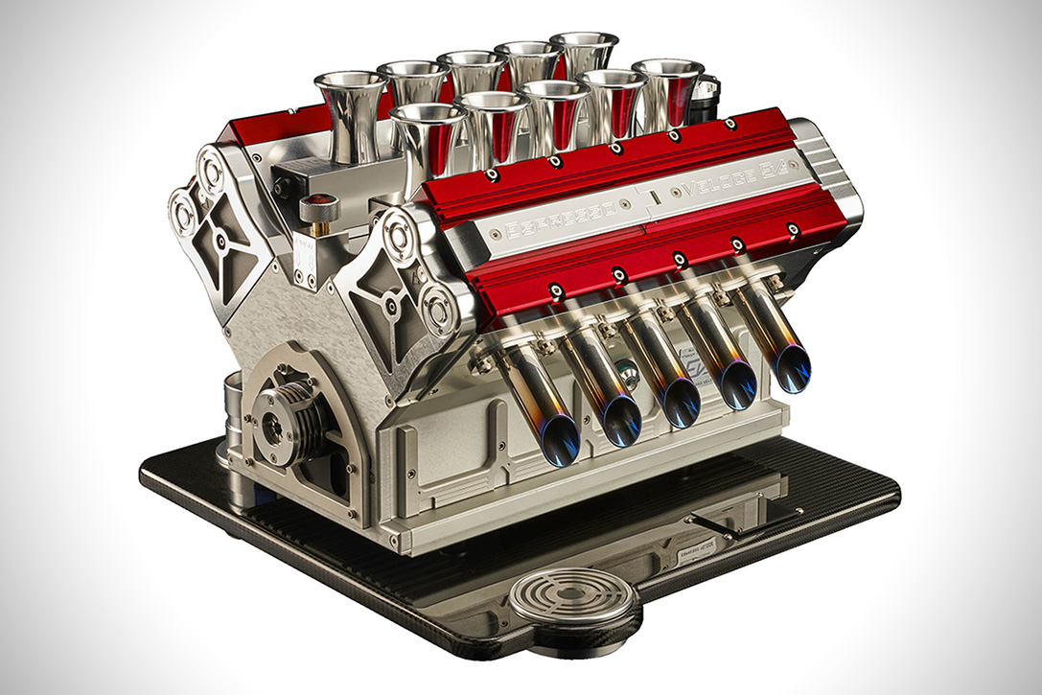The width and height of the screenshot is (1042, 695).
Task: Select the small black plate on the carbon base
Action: coord(716,523)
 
